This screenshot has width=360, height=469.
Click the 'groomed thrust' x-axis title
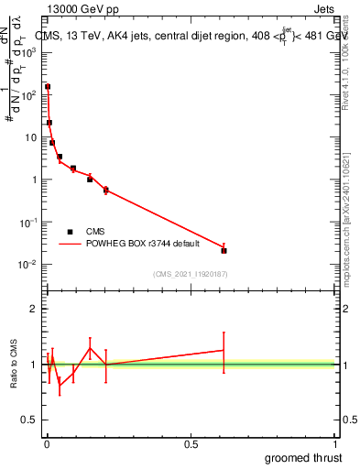[304, 457]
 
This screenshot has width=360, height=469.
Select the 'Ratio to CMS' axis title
[16, 365]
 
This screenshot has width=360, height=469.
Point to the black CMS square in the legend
[71, 232]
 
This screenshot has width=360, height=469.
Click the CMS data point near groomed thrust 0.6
[224, 250]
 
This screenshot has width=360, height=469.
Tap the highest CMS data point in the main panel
[48, 87]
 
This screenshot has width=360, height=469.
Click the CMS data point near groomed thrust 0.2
[106, 190]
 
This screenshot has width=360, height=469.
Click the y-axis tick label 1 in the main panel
[34, 180]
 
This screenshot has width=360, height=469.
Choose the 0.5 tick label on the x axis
[191, 444]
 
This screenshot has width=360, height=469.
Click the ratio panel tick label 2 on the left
[33, 309]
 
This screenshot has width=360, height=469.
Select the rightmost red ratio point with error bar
[224, 350]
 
